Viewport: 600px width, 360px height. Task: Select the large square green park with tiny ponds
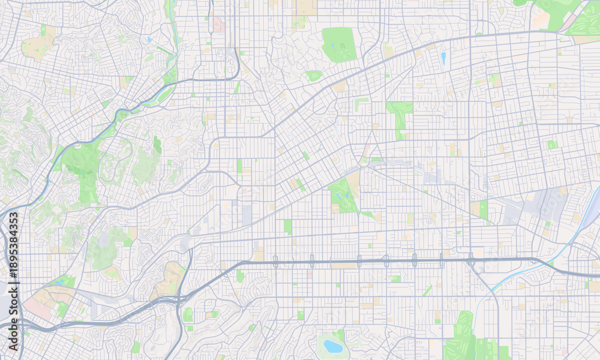[x=339, y=44]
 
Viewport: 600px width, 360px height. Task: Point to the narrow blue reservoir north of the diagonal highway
[x=443, y=58]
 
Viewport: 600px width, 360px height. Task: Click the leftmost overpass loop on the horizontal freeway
[x=275, y=261]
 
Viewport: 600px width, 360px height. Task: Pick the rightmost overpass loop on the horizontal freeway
[x=471, y=259]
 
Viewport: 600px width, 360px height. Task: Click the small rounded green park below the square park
[x=313, y=76]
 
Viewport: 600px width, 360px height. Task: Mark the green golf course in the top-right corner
[x=558, y=12]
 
